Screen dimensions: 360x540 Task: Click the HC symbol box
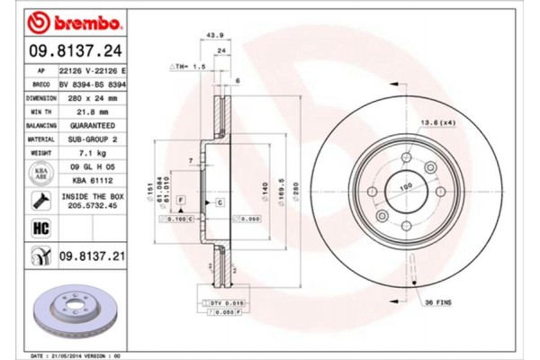pyautogui.click(x=40, y=229)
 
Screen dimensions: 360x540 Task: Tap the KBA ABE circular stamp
pyautogui.click(x=40, y=174)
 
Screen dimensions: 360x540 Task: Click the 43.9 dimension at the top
pyautogui.click(x=216, y=35)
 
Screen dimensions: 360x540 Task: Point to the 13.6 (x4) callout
pyautogui.click(x=436, y=122)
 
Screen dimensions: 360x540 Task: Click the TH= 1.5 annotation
pyautogui.click(x=190, y=67)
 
